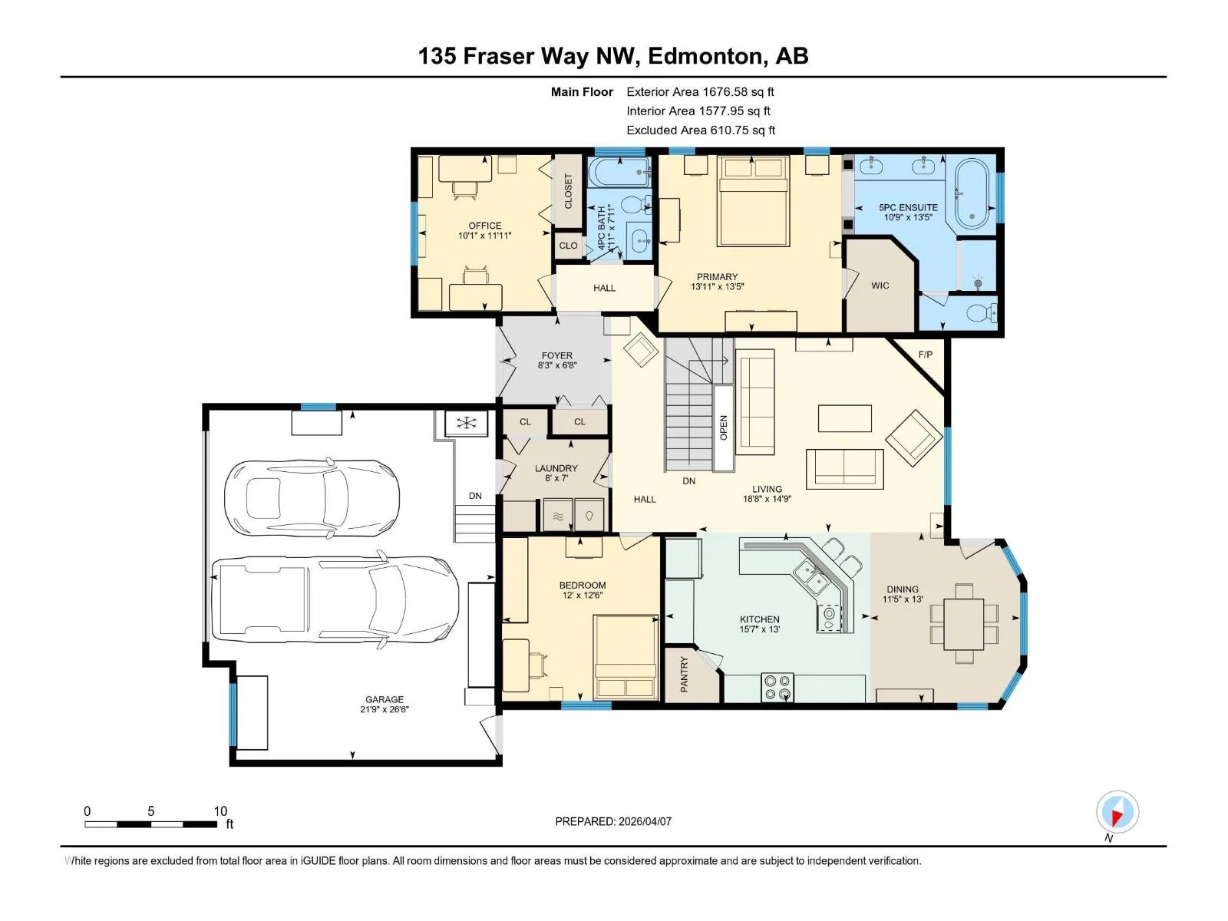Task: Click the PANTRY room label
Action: click(684, 675)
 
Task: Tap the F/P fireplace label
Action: click(926, 354)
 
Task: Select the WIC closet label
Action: click(880, 286)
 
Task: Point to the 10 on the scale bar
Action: click(220, 810)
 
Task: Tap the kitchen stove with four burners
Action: click(777, 687)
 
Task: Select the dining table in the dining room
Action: click(963, 623)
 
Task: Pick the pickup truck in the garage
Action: click(335, 599)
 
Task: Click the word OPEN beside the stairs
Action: click(724, 427)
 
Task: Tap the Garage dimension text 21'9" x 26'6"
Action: click(385, 709)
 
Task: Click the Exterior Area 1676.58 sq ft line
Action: click(700, 91)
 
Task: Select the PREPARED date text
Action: click(613, 821)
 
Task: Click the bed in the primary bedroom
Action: click(753, 201)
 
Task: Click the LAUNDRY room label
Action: click(556, 468)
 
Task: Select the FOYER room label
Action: click(556, 355)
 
